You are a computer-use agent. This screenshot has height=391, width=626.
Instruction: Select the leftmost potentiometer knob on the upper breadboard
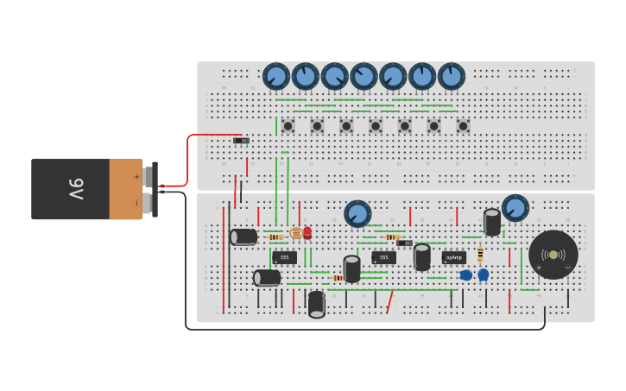(x=276, y=76)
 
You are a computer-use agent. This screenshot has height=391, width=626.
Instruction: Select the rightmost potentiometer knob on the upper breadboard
(x=451, y=76)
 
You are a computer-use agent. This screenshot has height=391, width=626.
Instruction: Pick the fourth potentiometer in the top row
(x=364, y=76)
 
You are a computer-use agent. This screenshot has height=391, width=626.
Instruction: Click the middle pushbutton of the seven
(x=376, y=126)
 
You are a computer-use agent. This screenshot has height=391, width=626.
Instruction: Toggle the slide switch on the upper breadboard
(x=241, y=140)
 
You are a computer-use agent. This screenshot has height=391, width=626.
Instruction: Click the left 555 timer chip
(x=284, y=257)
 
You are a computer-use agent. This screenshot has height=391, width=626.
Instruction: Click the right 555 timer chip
(x=383, y=257)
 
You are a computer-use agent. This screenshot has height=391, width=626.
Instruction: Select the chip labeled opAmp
(x=453, y=257)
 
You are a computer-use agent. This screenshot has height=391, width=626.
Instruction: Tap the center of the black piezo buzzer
(x=553, y=255)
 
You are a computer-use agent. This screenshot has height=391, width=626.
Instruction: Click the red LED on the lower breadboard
(x=307, y=232)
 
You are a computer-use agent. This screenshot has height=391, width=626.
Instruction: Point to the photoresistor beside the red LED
(x=296, y=233)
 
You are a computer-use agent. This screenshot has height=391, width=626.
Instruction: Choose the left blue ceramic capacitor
(x=466, y=274)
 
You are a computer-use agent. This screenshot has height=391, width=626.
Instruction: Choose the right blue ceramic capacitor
(x=484, y=274)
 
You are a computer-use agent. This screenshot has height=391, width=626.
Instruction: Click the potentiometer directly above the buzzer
(x=515, y=208)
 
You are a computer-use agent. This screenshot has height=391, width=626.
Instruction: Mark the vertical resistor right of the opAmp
(x=480, y=254)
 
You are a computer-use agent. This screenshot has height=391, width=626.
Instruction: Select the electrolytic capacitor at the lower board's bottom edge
(x=317, y=303)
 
